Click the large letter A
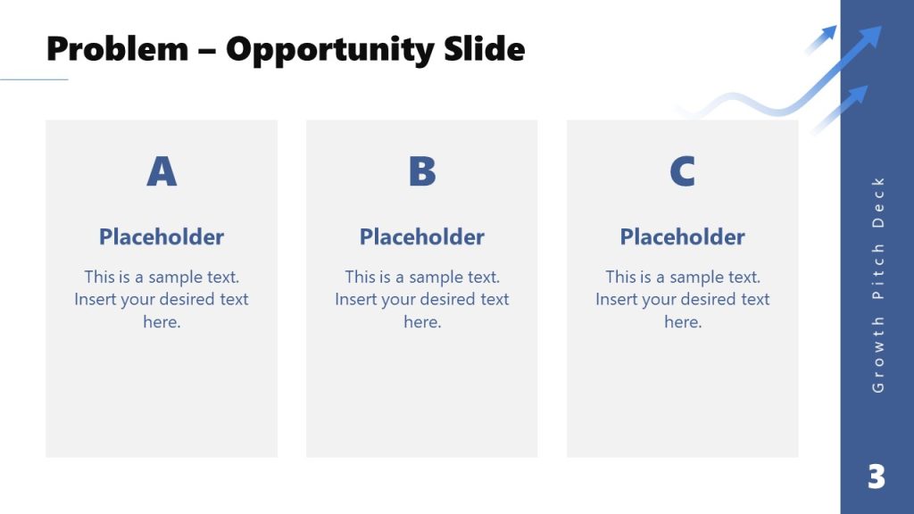coord(162,171)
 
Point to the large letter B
coord(422,171)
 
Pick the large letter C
coord(683,171)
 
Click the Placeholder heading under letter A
coord(162,236)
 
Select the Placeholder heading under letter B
coord(422,236)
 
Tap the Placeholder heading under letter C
coord(683,236)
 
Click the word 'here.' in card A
coord(162,322)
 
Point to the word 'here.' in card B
coord(422,322)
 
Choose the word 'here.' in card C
coord(683,322)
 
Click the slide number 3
coord(877,477)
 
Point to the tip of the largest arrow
coord(879,29)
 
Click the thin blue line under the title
coord(34,79)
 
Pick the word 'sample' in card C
coord(697,278)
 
